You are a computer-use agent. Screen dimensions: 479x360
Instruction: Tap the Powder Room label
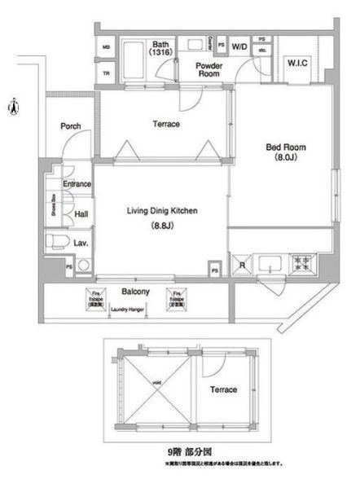210,69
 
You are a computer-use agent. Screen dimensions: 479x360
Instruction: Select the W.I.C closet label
296,63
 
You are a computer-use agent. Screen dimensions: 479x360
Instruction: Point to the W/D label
239,47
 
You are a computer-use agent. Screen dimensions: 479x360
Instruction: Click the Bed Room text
285,147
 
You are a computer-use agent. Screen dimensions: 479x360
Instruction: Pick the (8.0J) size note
285,159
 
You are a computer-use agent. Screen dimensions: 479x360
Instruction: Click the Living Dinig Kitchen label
162,211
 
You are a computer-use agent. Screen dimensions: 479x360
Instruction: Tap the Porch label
70,127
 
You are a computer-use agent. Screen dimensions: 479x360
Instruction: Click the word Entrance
77,184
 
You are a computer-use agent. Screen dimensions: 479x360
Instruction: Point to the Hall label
81,214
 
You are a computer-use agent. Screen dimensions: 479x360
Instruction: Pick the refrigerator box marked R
243,263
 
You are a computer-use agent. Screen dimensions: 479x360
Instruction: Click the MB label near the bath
106,47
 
